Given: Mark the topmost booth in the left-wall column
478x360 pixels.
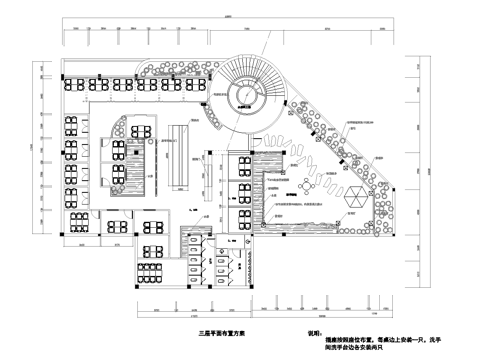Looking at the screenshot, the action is pyautogui.click(x=72, y=126).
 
